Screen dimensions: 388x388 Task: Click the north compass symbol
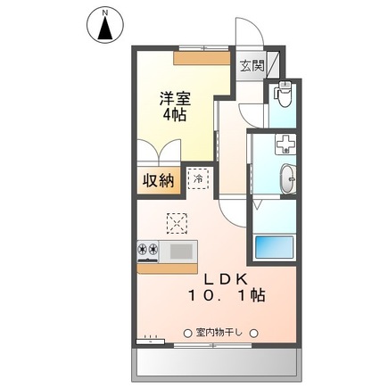(105, 26)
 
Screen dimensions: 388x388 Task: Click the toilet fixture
(283, 94)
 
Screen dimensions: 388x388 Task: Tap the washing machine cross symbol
(285, 144)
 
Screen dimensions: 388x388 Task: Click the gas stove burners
(148, 249)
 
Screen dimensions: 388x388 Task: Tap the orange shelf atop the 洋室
(202, 58)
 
